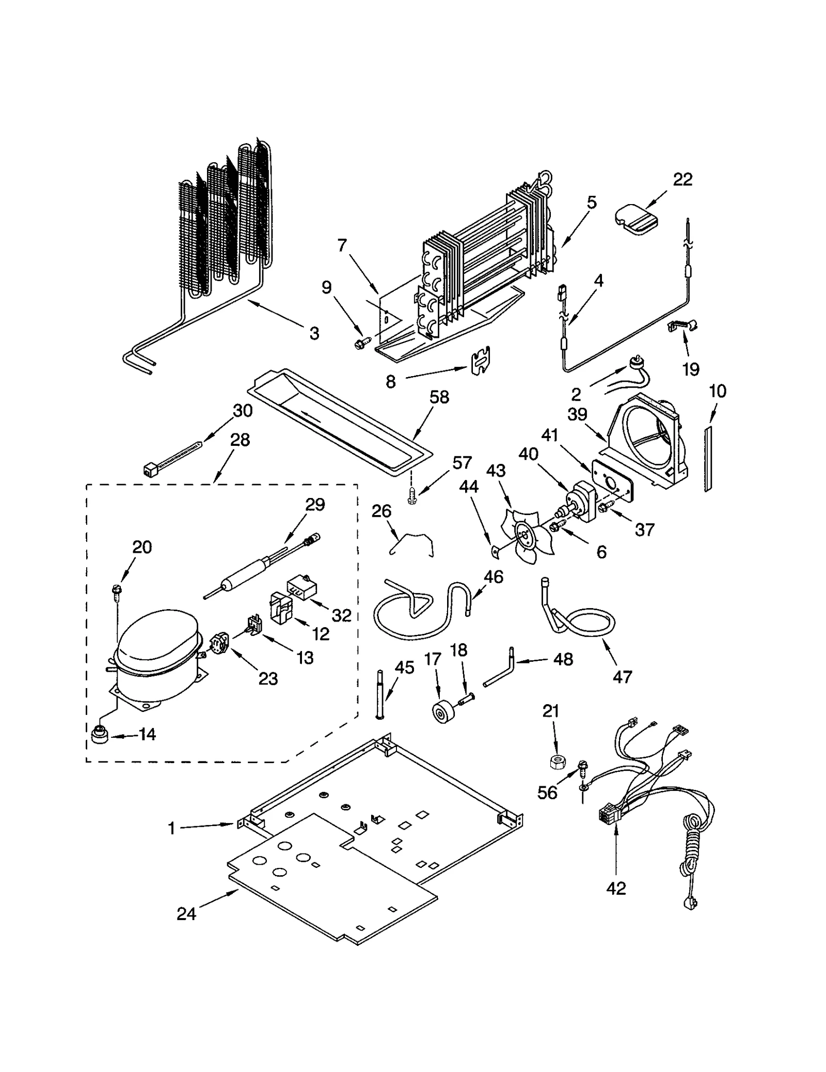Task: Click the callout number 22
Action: tap(682, 180)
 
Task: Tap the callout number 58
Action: tap(439, 397)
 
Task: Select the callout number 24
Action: tap(186, 914)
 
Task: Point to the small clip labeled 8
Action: tap(480, 360)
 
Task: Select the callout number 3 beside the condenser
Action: tap(314, 333)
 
